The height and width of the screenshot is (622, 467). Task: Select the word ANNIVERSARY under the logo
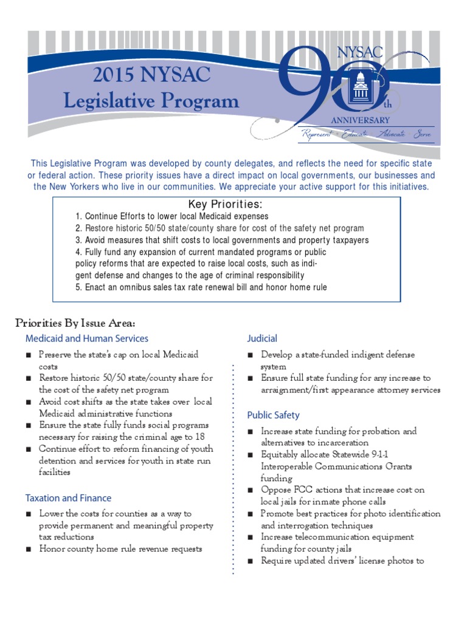(x=360, y=121)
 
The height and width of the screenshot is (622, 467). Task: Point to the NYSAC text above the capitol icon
(x=360, y=53)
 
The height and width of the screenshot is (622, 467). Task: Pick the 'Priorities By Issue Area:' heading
(x=75, y=323)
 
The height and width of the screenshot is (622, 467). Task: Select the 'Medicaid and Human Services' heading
(x=86, y=338)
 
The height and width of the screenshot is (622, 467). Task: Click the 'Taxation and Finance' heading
(x=68, y=497)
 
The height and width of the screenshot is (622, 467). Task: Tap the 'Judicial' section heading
(x=261, y=338)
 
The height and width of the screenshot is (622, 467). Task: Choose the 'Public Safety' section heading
(x=273, y=415)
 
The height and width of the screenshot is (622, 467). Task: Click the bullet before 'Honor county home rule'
(x=29, y=549)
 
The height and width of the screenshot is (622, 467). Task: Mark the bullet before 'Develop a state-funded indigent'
(x=251, y=355)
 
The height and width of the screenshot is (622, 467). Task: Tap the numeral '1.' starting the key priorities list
(x=79, y=216)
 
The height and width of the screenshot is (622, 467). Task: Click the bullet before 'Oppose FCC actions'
(x=251, y=490)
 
